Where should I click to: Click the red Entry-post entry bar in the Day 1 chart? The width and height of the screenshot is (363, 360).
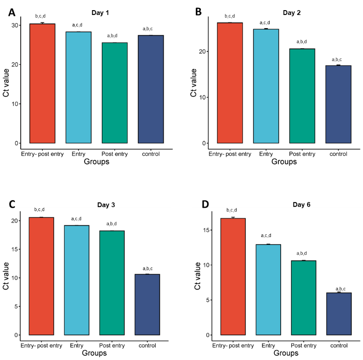42,84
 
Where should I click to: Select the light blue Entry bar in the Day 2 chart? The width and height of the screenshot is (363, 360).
266,86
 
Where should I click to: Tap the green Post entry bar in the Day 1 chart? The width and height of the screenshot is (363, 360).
115,93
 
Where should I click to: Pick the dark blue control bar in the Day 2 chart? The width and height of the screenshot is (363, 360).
338,104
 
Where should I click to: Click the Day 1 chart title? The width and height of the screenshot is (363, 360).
100,13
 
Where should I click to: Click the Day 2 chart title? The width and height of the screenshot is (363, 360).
292,13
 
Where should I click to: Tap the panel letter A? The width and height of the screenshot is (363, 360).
12,13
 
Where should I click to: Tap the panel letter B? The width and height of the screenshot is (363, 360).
198,13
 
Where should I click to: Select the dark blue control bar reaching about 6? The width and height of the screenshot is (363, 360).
338,314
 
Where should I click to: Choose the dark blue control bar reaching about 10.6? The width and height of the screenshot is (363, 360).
147,304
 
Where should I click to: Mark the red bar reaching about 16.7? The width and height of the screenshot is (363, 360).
233,276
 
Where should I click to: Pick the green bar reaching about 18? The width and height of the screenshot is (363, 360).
112,282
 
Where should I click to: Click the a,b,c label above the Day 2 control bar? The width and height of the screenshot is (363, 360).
338,59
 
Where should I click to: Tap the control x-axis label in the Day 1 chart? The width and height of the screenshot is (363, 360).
151,154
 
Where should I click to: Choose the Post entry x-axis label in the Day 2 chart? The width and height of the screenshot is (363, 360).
302,154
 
